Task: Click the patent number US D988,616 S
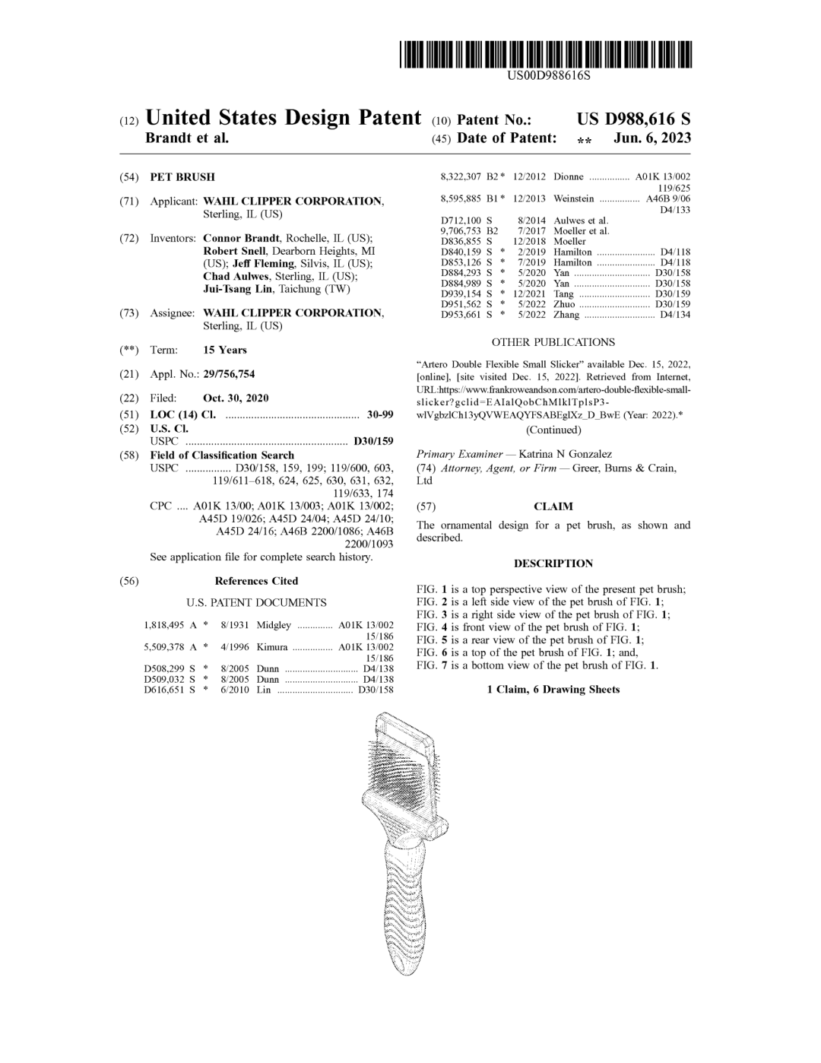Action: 633,119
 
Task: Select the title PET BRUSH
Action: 182,177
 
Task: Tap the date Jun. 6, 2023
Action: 652,138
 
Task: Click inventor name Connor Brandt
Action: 241,239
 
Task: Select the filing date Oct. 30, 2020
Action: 236,398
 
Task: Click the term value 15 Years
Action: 225,351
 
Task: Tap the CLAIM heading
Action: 553,506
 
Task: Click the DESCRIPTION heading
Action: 553,563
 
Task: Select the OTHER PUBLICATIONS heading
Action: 553,343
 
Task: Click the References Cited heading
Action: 256,581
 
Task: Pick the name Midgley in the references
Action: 274,625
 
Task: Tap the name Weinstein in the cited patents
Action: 574,199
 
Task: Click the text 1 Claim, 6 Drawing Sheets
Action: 553,690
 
